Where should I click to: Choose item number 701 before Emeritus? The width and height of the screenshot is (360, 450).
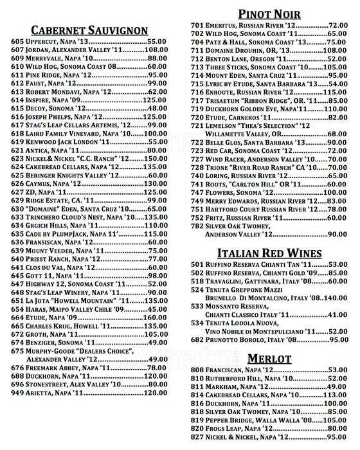click(x=199, y=25)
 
